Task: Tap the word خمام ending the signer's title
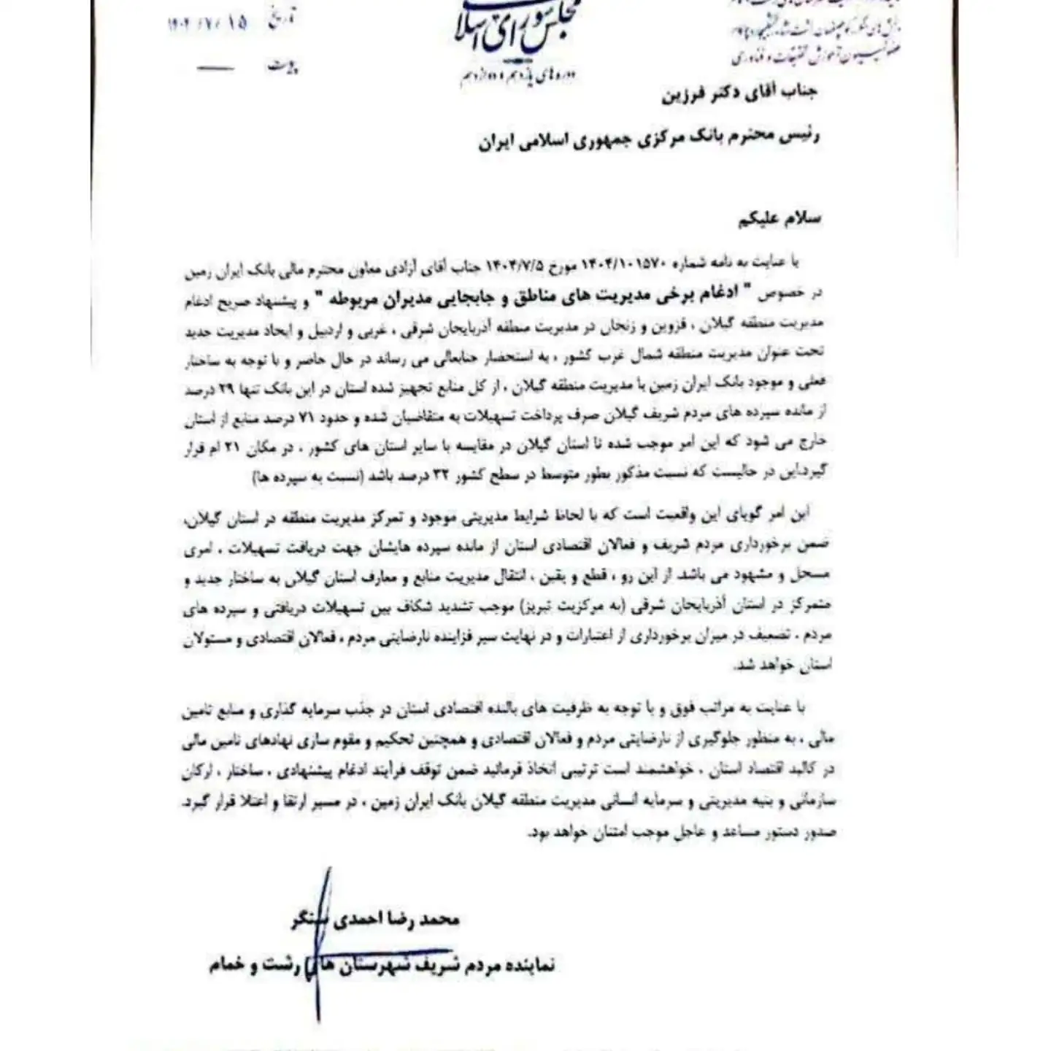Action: (224, 966)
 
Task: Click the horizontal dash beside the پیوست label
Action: (216, 69)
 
